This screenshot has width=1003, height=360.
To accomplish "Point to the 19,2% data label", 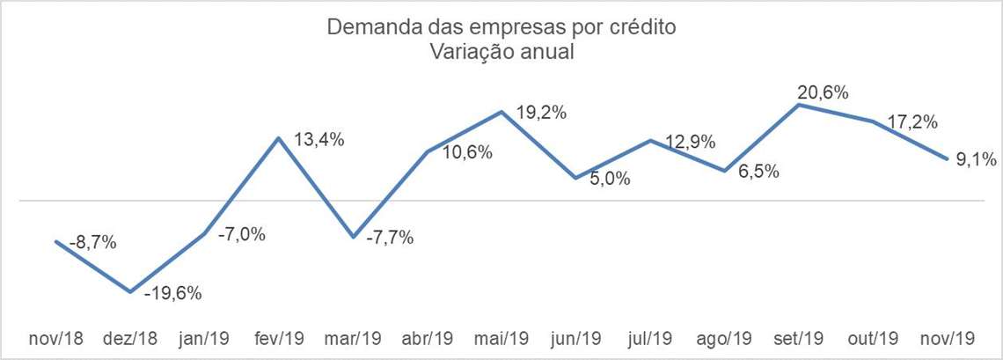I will click(539, 114).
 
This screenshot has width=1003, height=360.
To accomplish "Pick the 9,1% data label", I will click(975, 159).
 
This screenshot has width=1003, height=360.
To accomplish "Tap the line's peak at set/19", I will click(798, 105).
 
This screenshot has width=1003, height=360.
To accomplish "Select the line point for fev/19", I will click(279, 138).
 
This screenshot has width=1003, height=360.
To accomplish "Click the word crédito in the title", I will click(644, 27).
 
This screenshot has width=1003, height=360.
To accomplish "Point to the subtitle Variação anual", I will click(501, 52).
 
